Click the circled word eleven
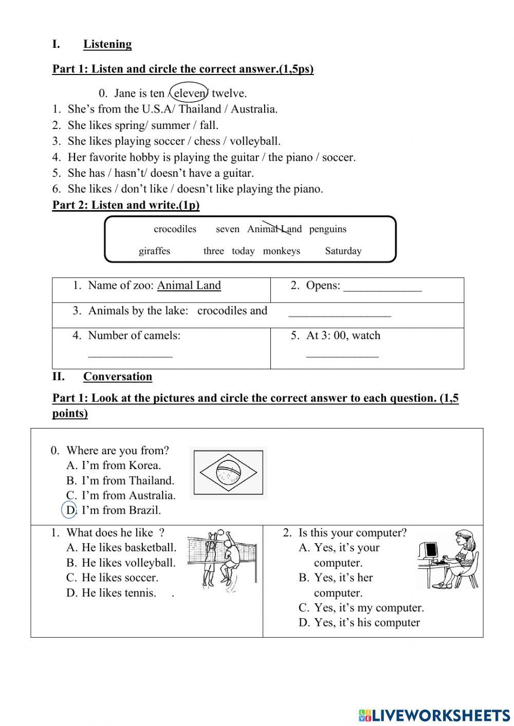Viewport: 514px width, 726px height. [189, 93]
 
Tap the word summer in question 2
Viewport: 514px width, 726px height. [168, 125]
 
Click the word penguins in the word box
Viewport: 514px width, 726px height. [327, 229]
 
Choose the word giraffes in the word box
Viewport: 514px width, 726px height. [154, 251]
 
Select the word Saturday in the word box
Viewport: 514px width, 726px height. [343, 251]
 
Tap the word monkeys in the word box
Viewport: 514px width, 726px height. [281, 251]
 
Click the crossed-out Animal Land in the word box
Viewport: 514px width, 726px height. [274, 229]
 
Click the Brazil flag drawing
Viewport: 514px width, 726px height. [228, 473]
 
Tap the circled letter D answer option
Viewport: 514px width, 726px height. [70, 510]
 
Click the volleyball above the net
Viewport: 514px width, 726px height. [221, 533]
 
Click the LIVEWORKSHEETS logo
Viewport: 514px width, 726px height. [434, 715]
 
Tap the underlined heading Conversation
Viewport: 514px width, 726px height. [117, 377]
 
